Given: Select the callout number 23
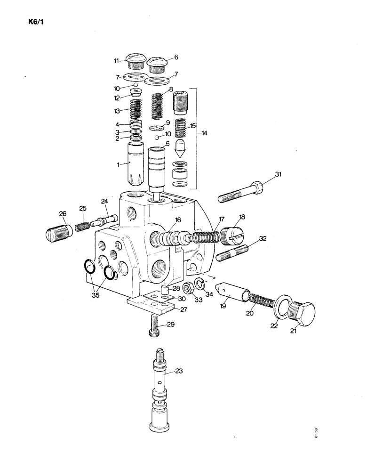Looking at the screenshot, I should (x=179, y=372).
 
